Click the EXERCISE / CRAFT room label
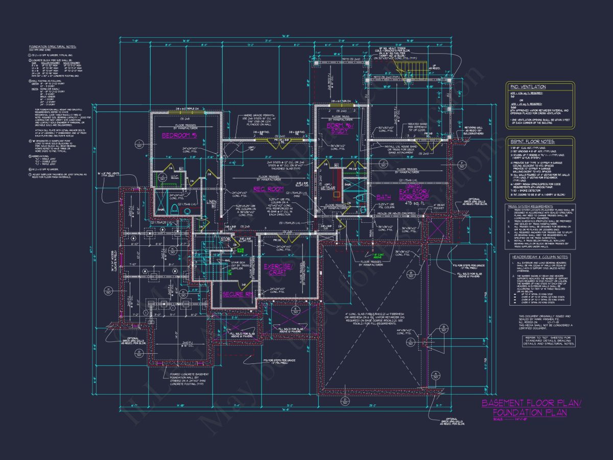pyautogui.click(x=278, y=269)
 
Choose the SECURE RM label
pyautogui.click(x=238, y=294)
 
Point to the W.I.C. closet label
pyautogui.click(x=174, y=177)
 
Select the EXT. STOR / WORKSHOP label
pyautogui.click(x=415, y=195)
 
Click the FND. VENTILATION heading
pyautogui.click(x=527, y=87)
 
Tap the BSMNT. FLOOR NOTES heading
pyautogui.click(x=533, y=142)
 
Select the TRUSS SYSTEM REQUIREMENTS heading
pyautogui.click(x=531, y=206)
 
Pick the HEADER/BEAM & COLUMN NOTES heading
pyautogui.click(x=539, y=257)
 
